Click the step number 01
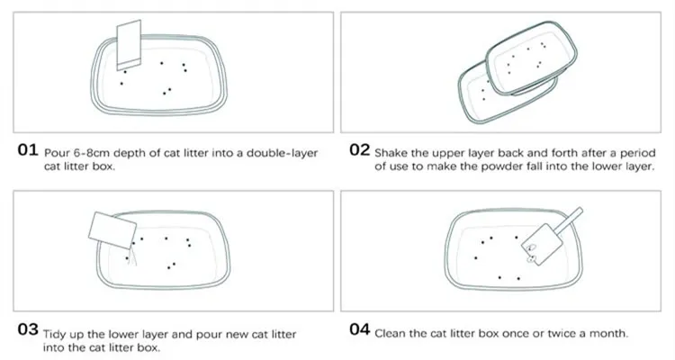pos(28,150)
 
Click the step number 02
pos(359,150)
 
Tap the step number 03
pos(28,329)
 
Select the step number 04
pos(359,329)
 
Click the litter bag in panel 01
pos(129,45)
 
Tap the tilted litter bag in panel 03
pos(112,230)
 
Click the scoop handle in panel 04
pos(568,220)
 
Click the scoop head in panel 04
pos(542,244)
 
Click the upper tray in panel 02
pos(531,58)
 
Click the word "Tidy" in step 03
pos(53,335)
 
